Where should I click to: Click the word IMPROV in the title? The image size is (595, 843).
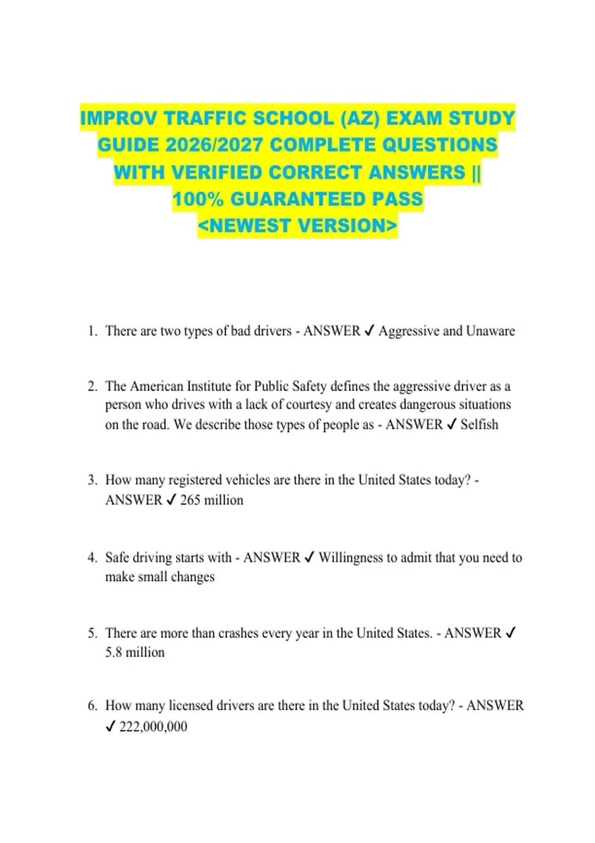pyautogui.click(x=119, y=119)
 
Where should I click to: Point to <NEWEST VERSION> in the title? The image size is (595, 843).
pyautogui.click(x=297, y=226)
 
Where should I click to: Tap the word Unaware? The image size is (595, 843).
pyautogui.click(x=490, y=331)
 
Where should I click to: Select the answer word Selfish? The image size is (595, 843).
pyautogui.click(x=479, y=424)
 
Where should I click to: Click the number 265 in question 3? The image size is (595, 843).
pyautogui.click(x=190, y=500)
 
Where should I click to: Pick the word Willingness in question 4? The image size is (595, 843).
pyautogui.click(x=351, y=557)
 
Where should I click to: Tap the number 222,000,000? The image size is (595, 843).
pyautogui.click(x=153, y=727)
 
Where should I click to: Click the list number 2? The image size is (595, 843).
pyautogui.click(x=92, y=386)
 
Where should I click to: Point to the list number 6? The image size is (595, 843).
pyautogui.click(x=92, y=706)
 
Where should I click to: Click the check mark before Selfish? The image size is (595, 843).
pyautogui.click(x=451, y=424)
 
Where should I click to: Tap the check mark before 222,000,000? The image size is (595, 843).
pyautogui.click(x=111, y=727)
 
